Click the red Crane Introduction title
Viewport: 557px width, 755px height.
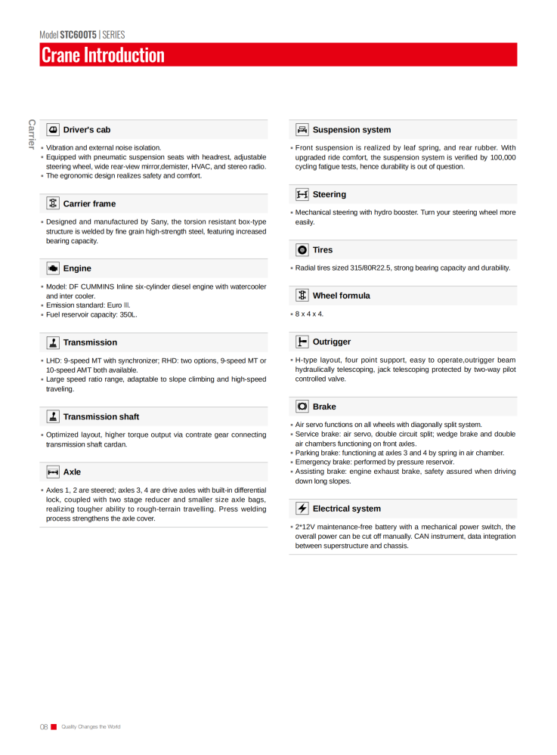(103, 55)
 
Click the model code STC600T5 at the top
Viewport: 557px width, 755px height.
(79, 35)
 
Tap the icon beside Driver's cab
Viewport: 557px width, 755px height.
(53, 130)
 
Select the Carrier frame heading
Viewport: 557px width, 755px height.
(89, 203)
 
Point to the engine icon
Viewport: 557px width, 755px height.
(53, 268)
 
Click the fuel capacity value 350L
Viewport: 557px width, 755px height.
(128, 314)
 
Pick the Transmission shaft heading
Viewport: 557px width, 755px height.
(101, 416)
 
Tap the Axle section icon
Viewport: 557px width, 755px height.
(53, 472)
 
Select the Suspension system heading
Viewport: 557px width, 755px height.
(351, 130)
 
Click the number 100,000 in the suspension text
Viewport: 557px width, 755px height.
(500, 157)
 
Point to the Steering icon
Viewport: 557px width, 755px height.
(302, 194)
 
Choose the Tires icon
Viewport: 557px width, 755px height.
(302, 249)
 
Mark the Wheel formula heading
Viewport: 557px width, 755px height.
(341, 296)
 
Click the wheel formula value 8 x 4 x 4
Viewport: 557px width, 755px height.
(309, 314)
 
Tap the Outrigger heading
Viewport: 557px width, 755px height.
(331, 342)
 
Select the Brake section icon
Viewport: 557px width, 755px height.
(302, 407)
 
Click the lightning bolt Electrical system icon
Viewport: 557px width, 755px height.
(302, 509)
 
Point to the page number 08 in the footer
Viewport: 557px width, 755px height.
(44, 727)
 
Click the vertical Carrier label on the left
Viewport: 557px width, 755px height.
(32, 134)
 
